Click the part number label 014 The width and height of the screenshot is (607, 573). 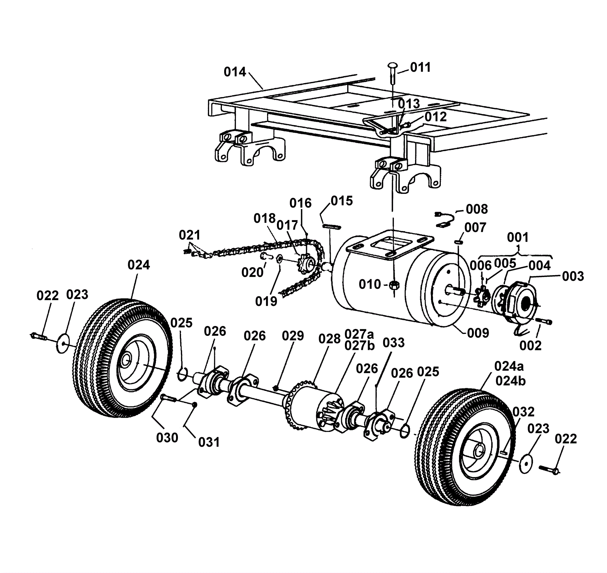pyautogui.click(x=235, y=72)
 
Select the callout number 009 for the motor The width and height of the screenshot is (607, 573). pyautogui.click(x=478, y=333)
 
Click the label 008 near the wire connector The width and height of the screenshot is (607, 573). pyautogui.click(x=477, y=209)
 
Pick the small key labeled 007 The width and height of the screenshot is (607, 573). pyautogui.click(x=458, y=241)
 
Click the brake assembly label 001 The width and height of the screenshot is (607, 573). pyautogui.click(x=517, y=238)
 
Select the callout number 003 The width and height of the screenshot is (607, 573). pyautogui.click(x=573, y=276)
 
